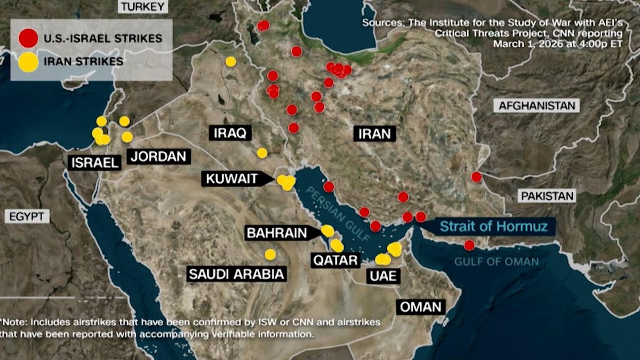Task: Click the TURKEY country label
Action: click(143, 6)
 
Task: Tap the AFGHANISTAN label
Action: click(537, 106)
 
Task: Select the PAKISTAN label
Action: click(548, 196)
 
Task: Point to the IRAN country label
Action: click(374, 133)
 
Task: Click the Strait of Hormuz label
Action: click(493, 226)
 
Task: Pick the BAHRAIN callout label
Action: click(276, 233)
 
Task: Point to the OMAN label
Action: click(421, 307)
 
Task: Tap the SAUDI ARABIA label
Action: click(236, 274)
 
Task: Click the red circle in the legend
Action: click(28, 38)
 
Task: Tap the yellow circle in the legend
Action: click(28, 61)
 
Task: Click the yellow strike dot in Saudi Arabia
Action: click(270, 254)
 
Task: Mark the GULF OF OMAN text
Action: click(497, 261)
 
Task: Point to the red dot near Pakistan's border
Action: click(476, 177)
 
